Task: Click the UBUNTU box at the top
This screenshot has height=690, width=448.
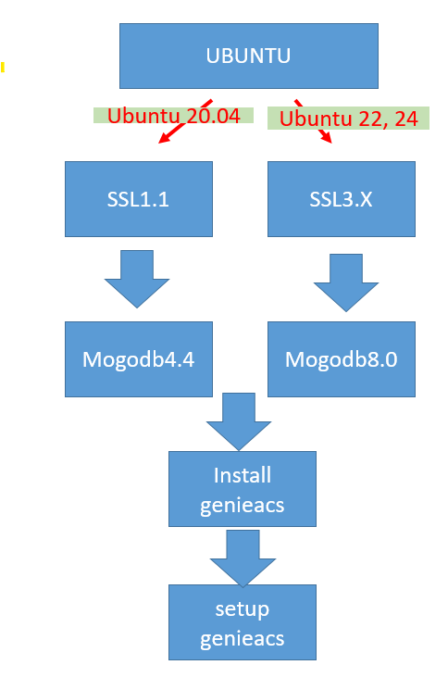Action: tap(249, 56)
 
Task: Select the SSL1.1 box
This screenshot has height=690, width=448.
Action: tap(139, 199)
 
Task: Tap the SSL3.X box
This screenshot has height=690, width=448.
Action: tap(342, 199)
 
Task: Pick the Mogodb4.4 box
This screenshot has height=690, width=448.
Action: tap(139, 359)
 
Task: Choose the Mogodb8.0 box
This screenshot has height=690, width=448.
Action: tap(342, 359)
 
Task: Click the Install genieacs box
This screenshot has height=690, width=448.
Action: tap(243, 489)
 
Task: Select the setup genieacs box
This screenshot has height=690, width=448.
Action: tap(243, 622)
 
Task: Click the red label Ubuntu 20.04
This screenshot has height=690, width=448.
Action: tap(174, 116)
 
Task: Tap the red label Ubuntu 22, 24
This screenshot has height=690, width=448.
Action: tap(349, 119)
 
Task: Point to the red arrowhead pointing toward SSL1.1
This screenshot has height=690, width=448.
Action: tap(164, 138)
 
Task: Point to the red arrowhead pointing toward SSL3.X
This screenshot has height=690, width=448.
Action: tap(327, 138)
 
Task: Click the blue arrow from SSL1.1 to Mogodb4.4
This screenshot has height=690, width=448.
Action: tap(137, 279)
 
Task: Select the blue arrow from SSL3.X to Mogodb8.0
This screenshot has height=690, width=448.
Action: tap(346, 282)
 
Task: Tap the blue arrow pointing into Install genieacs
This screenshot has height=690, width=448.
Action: tap(239, 421)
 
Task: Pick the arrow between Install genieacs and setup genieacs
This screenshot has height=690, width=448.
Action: tap(243, 558)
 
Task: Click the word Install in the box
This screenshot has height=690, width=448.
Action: tap(243, 475)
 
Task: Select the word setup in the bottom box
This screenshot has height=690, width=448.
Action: tap(243, 610)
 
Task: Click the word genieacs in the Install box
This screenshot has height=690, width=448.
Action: tap(243, 506)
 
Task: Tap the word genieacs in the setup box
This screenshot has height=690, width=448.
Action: tap(243, 639)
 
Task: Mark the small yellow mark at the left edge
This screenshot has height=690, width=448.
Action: tap(3, 68)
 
